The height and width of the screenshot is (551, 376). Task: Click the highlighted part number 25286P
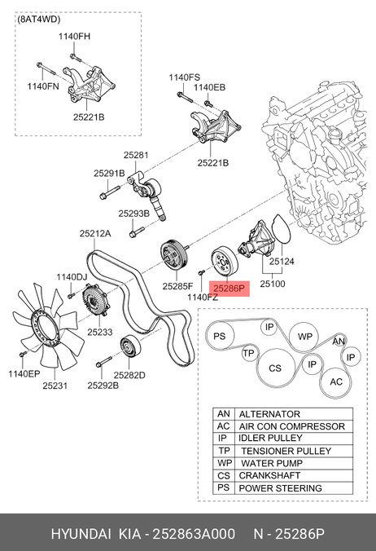click(229, 289)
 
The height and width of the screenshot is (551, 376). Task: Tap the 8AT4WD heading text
click(39, 20)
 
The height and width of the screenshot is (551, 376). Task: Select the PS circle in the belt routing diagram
click(220, 336)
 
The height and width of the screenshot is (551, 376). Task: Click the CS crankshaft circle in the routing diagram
click(275, 368)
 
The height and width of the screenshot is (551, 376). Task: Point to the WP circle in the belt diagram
click(304, 337)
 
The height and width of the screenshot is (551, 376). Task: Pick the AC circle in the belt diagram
click(336, 382)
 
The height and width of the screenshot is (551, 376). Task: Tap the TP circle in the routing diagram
click(249, 353)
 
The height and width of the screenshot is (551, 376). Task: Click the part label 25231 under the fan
click(55, 386)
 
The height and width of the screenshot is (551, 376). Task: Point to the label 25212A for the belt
click(95, 233)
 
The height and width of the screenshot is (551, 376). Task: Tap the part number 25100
click(273, 284)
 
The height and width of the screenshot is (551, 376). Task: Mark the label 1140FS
click(184, 77)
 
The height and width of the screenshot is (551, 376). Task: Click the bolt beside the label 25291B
click(109, 193)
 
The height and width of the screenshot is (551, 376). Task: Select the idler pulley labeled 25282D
click(130, 346)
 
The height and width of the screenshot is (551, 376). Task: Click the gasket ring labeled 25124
click(282, 229)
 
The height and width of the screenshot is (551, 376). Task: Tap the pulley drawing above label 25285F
click(174, 255)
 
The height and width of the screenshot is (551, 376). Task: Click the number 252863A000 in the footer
click(194, 534)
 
